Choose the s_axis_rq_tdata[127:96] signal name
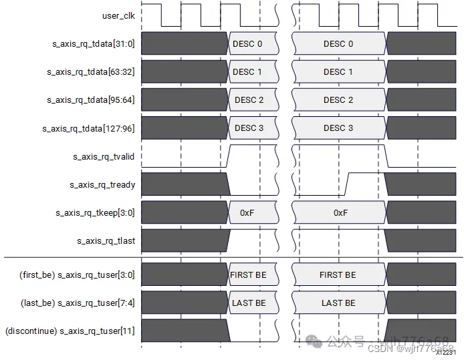pos(89,128)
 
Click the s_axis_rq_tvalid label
pos(104,157)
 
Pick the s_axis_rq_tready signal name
pos(102,185)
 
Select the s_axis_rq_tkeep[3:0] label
pos(96,213)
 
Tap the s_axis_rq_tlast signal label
pos(106,241)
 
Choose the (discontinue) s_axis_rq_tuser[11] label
pos(70,331)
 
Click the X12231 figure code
pos(446,352)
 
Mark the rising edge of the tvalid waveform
pos(228,156)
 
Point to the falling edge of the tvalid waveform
pos(388,156)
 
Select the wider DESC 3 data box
pos(339,128)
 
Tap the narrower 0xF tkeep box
pos(247,213)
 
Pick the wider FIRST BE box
pos(338,275)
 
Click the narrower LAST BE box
pos(249,303)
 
